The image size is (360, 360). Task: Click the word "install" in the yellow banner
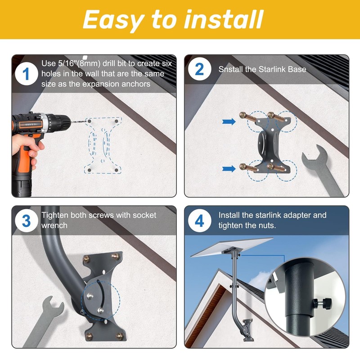(224, 19)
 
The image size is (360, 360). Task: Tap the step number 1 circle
(27, 74)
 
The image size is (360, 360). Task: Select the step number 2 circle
(199, 69)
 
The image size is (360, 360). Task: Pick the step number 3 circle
(27, 220)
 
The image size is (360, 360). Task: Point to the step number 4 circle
(199, 220)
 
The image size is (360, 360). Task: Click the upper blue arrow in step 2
(229, 121)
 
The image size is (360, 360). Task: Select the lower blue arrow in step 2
(229, 169)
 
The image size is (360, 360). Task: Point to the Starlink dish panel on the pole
(232, 247)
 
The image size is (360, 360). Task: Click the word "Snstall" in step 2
(230, 69)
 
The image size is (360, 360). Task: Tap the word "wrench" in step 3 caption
(54, 225)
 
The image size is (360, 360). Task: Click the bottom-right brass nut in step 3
(120, 336)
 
